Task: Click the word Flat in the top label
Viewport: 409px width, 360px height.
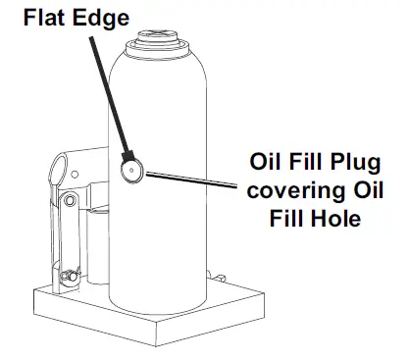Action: click(31, 16)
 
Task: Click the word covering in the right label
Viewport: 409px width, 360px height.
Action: click(293, 188)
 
